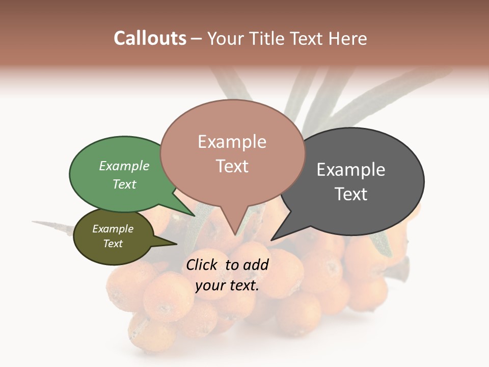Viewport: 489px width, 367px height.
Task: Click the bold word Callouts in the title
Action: pos(150,38)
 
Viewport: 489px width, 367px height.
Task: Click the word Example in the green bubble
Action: pos(124,166)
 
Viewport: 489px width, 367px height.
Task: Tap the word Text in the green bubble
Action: pos(124,184)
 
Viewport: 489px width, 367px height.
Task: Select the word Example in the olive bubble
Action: pos(113,229)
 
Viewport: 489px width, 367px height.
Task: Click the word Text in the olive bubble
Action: pos(113,244)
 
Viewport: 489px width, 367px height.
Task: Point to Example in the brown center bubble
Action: pos(232,142)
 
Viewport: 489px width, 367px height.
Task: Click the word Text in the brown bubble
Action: pos(232,166)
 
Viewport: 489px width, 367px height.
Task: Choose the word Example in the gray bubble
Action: pos(351,170)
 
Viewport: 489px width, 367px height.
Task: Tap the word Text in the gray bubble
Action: pos(351,194)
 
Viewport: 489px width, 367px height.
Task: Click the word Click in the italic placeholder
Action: pos(203,265)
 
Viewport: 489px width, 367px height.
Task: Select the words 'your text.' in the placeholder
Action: pos(227,285)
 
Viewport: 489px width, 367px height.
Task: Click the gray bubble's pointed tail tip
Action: pos(272,240)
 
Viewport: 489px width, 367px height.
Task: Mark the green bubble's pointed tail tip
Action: pos(194,216)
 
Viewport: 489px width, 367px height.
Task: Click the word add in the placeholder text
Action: pos(256,265)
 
